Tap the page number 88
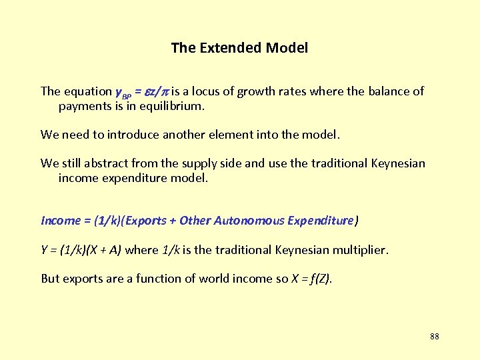[435, 336]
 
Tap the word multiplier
[359, 250]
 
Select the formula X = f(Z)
[311, 279]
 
